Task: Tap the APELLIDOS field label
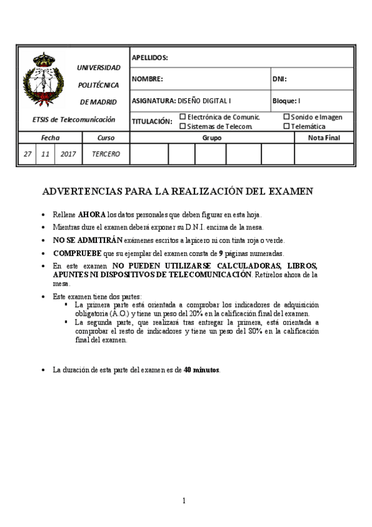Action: click(150, 58)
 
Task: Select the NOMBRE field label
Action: click(147, 79)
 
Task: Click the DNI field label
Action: click(279, 79)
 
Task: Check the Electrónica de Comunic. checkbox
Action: click(183, 116)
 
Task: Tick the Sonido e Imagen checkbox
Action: click(286, 116)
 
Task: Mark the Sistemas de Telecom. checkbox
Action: click(183, 126)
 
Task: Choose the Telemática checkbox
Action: click(286, 126)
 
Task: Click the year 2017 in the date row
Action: click(68, 154)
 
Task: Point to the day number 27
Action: click(27, 154)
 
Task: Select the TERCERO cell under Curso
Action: click(106, 154)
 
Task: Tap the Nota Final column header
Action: click(324, 137)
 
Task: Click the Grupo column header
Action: click(212, 137)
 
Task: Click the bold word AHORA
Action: click(92, 214)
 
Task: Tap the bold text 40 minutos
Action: click(202, 370)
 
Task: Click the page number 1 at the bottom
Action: click(184, 500)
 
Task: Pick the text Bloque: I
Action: click(286, 100)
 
